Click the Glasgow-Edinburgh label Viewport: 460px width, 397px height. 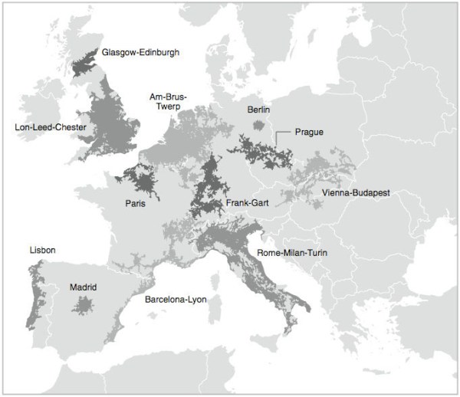[x=140, y=53]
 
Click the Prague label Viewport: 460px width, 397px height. [x=309, y=133]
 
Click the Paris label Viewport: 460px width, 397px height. [x=136, y=204]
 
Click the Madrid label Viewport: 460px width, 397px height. [x=84, y=287]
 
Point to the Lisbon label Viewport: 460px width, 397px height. [x=42, y=251]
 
